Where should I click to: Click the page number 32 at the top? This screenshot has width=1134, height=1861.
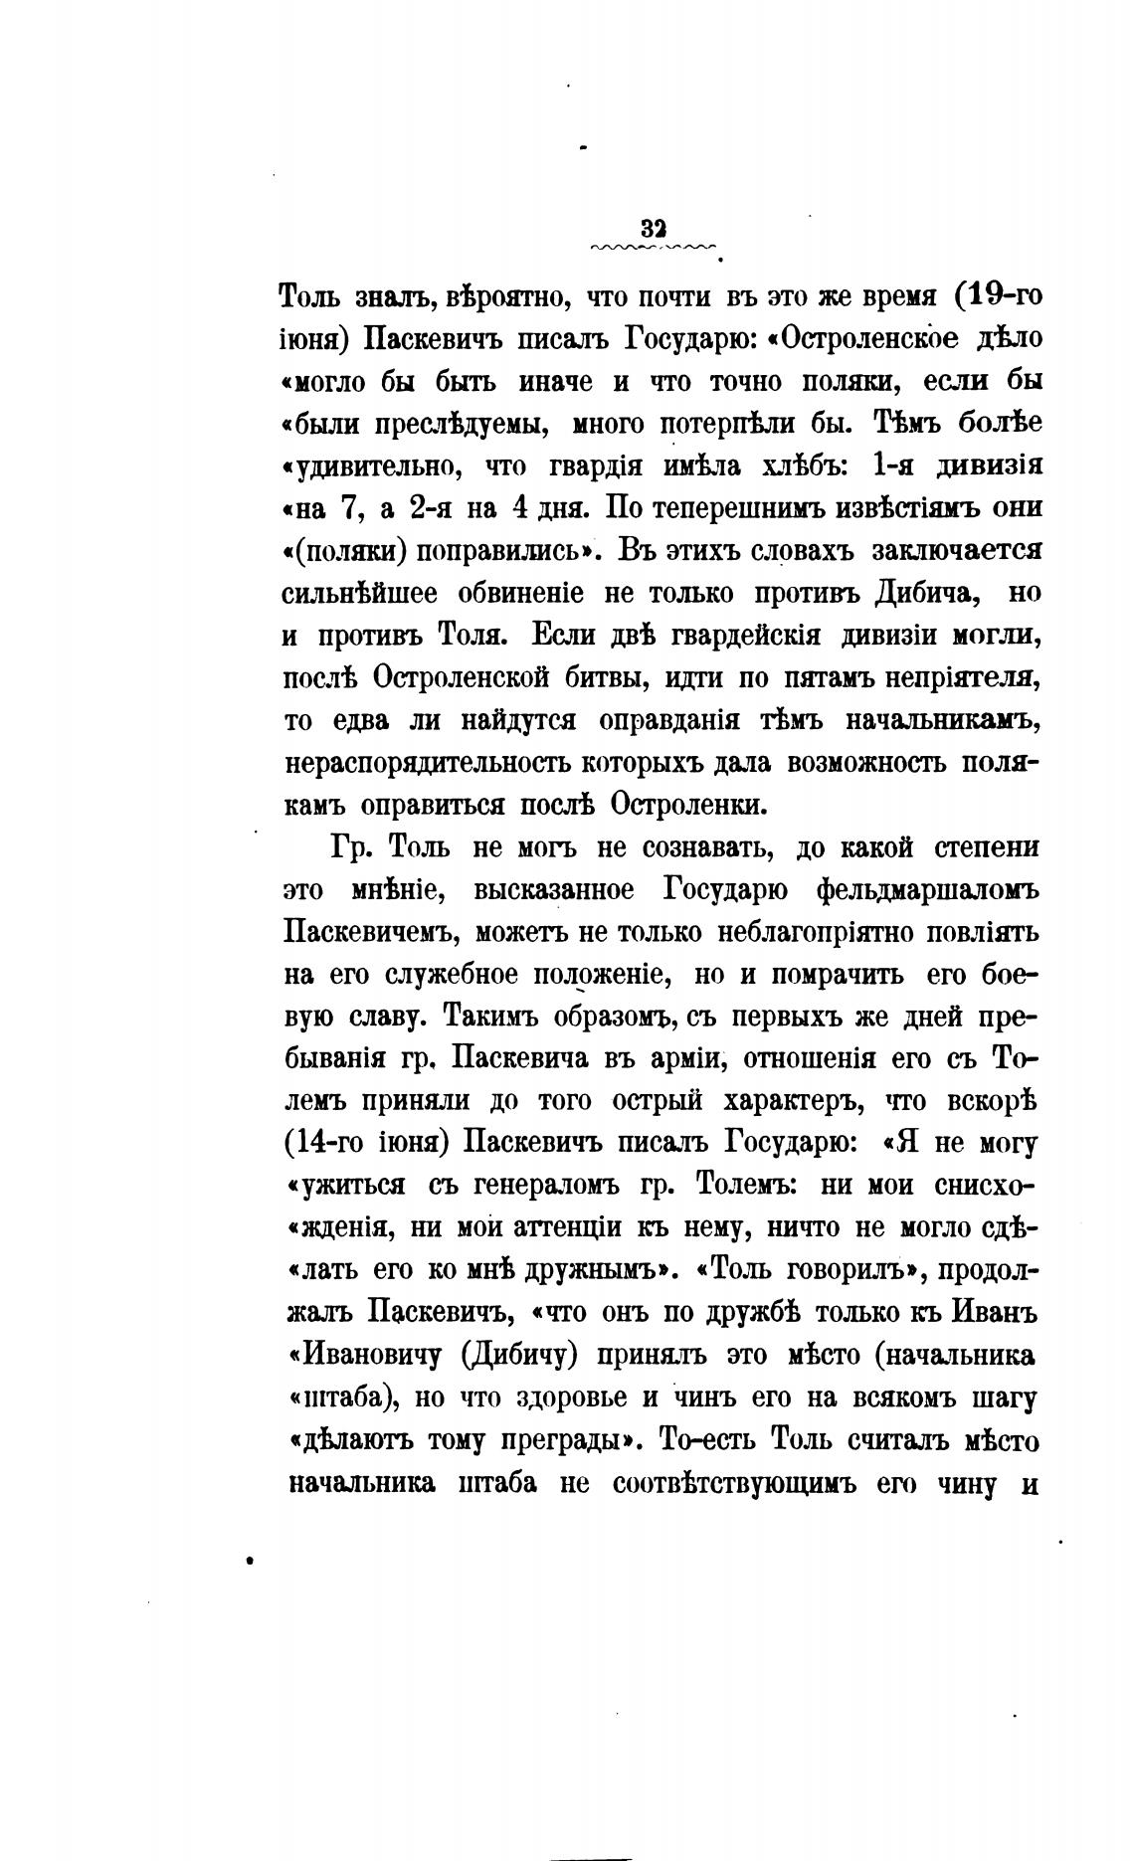[x=654, y=227]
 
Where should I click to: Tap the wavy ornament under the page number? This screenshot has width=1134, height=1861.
[x=654, y=248]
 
